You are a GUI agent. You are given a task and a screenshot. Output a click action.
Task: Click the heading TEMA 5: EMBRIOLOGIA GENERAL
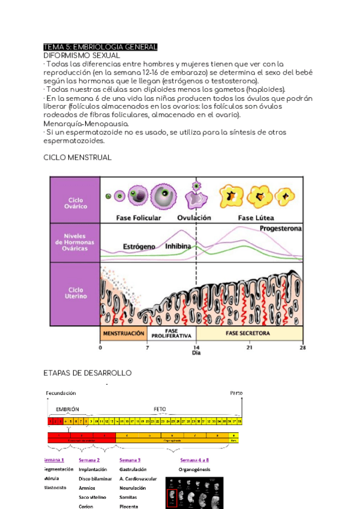pos(101,47)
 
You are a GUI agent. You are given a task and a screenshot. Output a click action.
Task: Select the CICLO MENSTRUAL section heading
pos(77,157)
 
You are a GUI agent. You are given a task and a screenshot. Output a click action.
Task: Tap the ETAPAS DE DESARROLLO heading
pos(88,373)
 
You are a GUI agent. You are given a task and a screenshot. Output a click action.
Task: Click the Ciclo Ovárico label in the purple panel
pos(76,203)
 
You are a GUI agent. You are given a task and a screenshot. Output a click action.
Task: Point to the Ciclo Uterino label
pos(76,293)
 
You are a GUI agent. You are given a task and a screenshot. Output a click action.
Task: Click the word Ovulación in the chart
pos(194,218)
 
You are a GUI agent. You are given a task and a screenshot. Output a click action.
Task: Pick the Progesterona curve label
pos(281,229)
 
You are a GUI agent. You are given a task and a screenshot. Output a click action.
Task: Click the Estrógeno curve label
pos(139,247)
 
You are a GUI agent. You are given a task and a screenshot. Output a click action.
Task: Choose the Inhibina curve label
pos(178,247)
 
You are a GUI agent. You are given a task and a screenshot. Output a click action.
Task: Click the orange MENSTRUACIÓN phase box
pos(124,333)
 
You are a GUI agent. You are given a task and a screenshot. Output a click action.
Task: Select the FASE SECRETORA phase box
pos(247,333)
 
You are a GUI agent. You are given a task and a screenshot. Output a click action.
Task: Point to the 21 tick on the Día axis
pos(249,347)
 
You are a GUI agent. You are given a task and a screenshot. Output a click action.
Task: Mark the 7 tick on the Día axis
pos(148,347)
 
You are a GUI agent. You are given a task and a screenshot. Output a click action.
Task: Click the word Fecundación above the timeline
pos(61,393)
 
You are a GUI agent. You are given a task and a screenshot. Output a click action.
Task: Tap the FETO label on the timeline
pos(160,409)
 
